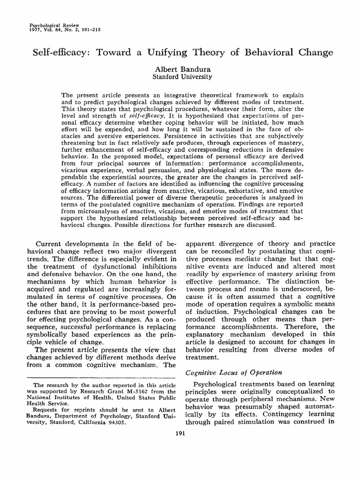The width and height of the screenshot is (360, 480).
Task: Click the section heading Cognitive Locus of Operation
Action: pos(234,372)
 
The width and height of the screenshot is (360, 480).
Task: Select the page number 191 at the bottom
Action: pos(180,434)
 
